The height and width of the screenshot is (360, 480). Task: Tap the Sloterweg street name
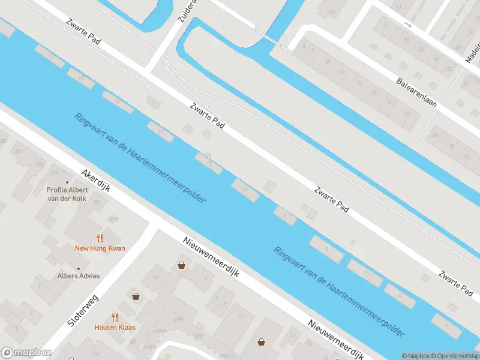pos(83,310)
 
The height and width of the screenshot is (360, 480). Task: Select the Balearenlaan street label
pos(416,92)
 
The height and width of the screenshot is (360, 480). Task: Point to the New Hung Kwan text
pos(100,248)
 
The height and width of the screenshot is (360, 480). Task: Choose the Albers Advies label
pos(79,276)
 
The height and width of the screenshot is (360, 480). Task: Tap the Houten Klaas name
pos(114,328)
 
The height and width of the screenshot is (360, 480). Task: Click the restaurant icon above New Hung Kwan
pos(100,238)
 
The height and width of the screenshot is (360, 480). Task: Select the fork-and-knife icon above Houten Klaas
pos(114,317)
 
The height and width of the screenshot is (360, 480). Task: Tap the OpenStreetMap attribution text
pos(455,356)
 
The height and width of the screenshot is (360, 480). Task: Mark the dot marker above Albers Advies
pos(79,268)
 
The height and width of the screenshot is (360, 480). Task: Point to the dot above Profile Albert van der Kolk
pos(67,182)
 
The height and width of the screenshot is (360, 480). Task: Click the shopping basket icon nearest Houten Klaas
pos(136,296)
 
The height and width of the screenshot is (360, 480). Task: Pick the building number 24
pos(155,277)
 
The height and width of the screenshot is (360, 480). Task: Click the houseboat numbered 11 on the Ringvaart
pos(245,190)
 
